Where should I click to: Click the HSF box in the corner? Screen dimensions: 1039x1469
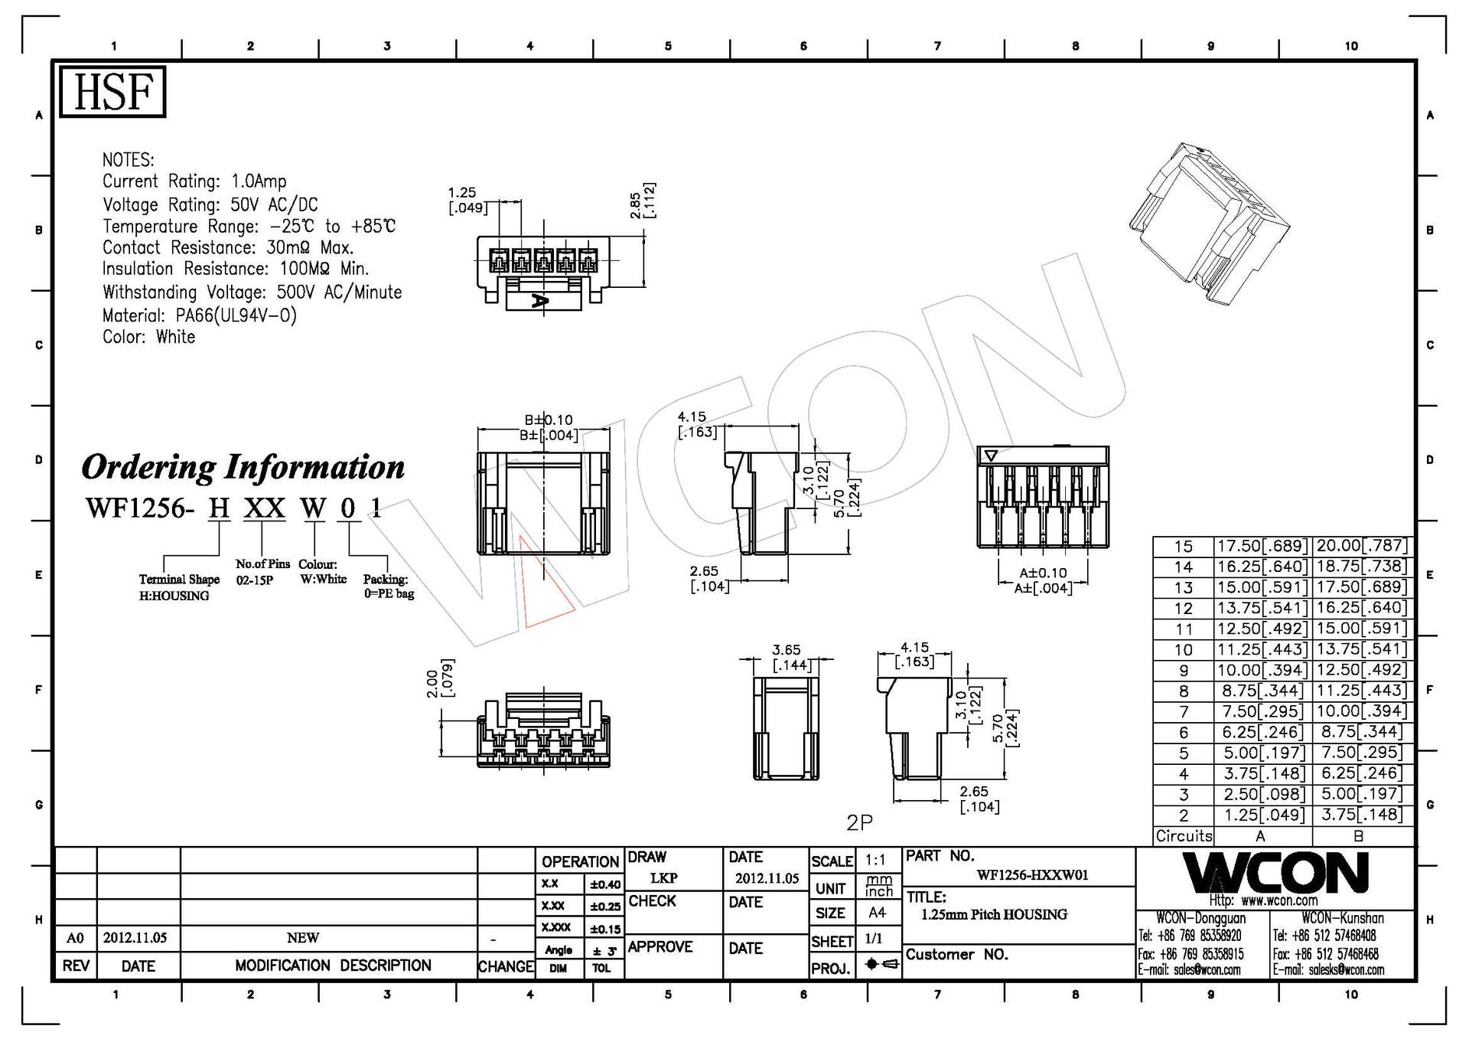pyautogui.click(x=112, y=92)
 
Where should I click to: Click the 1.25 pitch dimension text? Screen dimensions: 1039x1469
pyautogui.click(x=462, y=193)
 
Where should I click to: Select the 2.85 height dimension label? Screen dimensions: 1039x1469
pyautogui.click(x=636, y=205)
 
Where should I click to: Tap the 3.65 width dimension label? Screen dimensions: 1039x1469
pyautogui.click(x=786, y=650)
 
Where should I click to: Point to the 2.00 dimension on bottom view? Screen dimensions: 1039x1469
pyautogui.click(x=432, y=683)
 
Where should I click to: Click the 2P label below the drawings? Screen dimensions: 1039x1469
pyautogui.click(x=859, y=822)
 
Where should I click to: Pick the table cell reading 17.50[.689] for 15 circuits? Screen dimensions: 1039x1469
pyautogui.click(x=1262, y=546)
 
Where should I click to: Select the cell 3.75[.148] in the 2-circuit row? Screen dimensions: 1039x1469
pyautogui.click(x=1360, y=815)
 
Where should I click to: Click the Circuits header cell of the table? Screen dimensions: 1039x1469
pyautogui.click(x=1184, y=836)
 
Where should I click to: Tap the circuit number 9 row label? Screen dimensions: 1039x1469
pyautogui.click(x=1184, y=671)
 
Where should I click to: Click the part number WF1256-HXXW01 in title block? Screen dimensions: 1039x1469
pyautogui.click(x=1032, y=875)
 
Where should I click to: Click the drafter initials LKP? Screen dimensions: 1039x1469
pyautogui.click(x=663, y=878)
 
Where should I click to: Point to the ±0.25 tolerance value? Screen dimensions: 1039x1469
pyautogui.click(x=604, y=907)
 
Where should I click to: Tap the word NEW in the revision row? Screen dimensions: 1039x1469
pyautogui.click(x=303, y=938)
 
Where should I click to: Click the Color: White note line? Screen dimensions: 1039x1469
pyautogui.click(x=149, y=337)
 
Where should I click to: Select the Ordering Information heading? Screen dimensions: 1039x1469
pyautogui.click(x=243, y=467)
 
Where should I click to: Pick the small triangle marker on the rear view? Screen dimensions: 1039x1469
pyautogui.click(x=991, y=456)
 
